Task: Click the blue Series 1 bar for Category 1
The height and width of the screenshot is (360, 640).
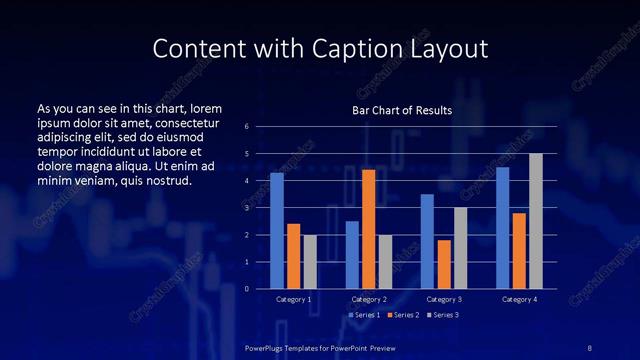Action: (277, 230)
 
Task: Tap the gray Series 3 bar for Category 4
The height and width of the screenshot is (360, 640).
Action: (536, 221)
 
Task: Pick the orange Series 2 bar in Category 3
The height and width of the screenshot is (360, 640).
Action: (444, 264)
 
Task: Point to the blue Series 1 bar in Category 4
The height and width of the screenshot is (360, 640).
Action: (502, 227)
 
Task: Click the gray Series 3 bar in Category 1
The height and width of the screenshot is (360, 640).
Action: (310, 261)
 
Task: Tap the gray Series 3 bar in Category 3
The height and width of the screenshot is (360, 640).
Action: (460, 248)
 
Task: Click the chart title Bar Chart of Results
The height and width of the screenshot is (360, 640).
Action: (402, 110)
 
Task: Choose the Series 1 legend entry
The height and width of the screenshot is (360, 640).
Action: (364, 315)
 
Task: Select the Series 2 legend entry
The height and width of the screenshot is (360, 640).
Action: (402, 315)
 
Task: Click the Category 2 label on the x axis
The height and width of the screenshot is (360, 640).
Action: (369, 299)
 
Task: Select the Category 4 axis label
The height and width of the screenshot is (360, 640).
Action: (519, 299)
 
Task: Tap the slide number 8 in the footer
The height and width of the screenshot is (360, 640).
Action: (589, 346)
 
